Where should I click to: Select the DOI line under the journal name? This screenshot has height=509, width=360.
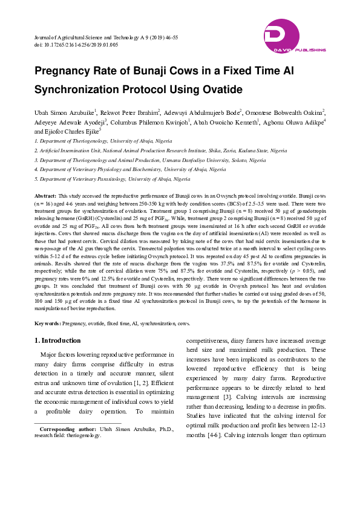pos(76,45)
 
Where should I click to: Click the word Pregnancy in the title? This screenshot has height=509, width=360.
pos(63,71)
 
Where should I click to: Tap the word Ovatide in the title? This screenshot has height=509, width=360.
pos(221,90)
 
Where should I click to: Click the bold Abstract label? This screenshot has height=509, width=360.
pos(45,196)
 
